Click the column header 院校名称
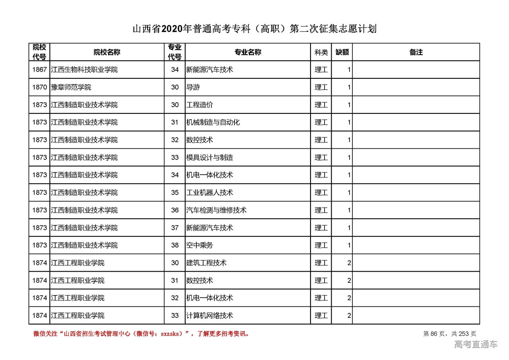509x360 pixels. pos(107,52)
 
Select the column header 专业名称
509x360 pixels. pos(247,52)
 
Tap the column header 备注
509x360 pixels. pos(416,52)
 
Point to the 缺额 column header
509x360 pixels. pos(342,52)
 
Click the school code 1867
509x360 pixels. pos(39,70)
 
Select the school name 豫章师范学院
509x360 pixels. pos(71,87)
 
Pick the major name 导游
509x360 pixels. pos(193,87)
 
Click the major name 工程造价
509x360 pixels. pos(200,105)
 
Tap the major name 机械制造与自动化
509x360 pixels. pos(213,123)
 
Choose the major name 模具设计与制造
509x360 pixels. pos(210,158)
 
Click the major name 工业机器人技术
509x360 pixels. pos(210,193)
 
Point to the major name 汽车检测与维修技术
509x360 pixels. pos(216,210)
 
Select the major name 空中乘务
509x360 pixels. pos(200,245)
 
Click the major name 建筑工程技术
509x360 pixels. pos(206,263)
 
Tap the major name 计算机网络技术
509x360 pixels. pos(210,315)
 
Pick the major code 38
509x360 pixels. pos(175,245)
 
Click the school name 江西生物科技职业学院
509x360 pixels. pos(84,70)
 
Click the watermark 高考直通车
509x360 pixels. pos(476,344)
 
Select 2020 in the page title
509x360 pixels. pos(172,29)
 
